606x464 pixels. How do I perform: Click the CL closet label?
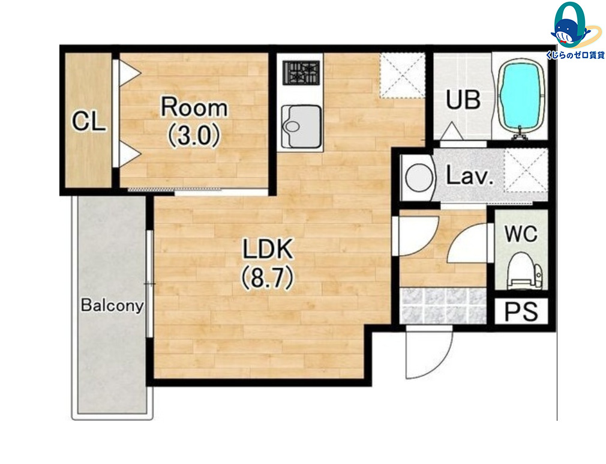(89, 121)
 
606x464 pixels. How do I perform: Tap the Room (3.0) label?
(194, 121)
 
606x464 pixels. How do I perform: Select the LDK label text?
(268, 249)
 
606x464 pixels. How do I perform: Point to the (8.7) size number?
(268, 279)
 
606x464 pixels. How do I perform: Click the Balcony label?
(112, 306)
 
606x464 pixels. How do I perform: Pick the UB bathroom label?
(463, 100)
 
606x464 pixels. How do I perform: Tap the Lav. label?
(470, 176)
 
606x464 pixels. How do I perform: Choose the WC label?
(521, 234)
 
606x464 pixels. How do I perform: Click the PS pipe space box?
(521, 311)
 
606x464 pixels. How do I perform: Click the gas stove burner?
(301, 73)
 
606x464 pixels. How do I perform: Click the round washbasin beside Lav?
(418, 178)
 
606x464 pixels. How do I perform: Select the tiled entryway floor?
(443, 306)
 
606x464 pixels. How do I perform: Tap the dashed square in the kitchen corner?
(402, 75)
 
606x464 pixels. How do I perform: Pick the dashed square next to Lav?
(526, 170)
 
